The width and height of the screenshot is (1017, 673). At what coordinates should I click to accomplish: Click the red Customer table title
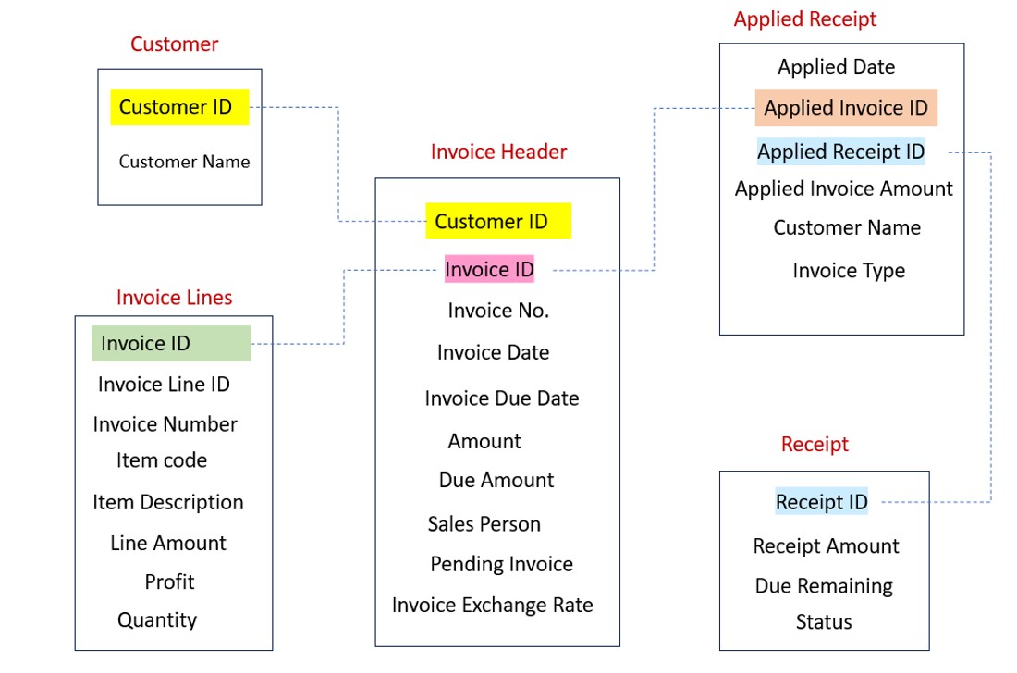[174, 43]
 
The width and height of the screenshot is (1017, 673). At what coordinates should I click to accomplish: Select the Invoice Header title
[498, 152]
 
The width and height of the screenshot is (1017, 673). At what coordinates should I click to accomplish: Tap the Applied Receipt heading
[804, 19]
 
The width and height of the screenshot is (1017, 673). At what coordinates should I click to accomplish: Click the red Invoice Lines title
[174, 297]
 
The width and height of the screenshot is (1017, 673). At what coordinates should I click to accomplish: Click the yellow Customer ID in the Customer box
[176, 107]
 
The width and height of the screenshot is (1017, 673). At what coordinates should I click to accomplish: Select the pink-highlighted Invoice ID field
[489, 269]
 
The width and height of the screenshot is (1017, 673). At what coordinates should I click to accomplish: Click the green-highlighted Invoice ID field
[146, 344]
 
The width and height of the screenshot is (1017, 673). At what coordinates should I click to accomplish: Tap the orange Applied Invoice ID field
[846, 108]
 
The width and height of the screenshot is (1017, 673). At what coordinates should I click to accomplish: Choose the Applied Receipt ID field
[840, 152]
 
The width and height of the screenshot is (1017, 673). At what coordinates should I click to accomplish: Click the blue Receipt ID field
[821, 502]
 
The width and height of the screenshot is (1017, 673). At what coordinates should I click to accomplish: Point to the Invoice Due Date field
[502, 398]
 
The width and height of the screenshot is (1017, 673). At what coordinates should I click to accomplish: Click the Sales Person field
[484, 524]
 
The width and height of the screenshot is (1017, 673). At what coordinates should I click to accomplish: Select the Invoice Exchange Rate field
[492, 605]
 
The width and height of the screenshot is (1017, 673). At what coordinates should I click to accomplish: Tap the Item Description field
[168, 502]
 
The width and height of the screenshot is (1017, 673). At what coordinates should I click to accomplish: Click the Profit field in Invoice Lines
[169, 581]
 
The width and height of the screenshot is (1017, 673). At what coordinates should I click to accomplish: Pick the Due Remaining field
[824, 586]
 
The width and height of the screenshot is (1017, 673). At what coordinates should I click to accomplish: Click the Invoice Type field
[849, 271]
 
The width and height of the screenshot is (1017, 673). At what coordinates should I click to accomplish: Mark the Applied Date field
[836, 67]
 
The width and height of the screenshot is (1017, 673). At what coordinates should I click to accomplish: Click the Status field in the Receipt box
[824, 622]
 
